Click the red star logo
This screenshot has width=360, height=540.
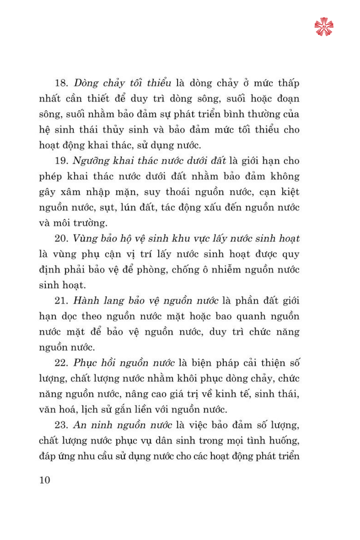324,27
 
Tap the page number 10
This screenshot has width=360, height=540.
45,480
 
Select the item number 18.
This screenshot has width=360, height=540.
61,83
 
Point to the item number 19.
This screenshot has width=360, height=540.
61,161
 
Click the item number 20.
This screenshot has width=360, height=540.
61,239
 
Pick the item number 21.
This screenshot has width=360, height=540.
61,301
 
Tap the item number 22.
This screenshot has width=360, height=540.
61,363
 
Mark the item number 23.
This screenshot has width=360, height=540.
61,425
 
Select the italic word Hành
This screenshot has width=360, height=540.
86,301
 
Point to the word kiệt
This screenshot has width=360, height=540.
290,192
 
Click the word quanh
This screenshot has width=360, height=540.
251,316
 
